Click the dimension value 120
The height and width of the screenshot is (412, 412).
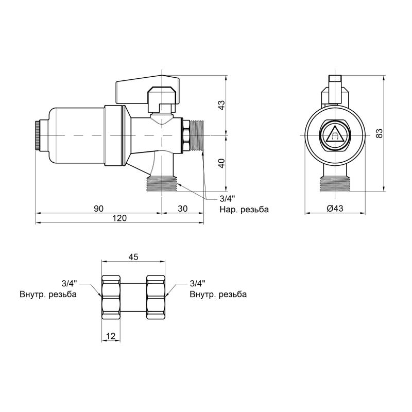coord(119,218)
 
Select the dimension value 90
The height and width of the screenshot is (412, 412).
coord(99,209)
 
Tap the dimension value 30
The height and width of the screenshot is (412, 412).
coord(183,209)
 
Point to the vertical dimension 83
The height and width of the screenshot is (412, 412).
coord(379,133)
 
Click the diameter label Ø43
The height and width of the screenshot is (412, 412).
coord(335,209)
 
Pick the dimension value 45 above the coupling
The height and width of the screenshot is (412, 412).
coord(133,256)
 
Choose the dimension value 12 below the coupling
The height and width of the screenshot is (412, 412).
coord(111,336)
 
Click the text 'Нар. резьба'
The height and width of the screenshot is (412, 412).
coord(244,210)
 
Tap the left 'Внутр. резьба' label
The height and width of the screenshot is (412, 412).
coord(48,294)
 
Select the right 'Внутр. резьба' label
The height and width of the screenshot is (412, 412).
coord(218,294)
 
